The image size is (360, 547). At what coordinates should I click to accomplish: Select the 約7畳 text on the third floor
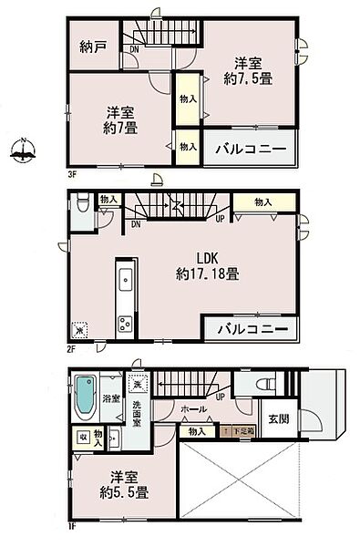click(120, 129)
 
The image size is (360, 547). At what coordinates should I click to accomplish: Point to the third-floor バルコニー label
click(251, 149)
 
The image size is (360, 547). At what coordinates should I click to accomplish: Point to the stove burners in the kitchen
click(125, 324)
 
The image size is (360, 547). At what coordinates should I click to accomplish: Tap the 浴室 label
click(111, 399)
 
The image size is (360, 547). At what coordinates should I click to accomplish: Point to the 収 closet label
click(84, 438)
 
